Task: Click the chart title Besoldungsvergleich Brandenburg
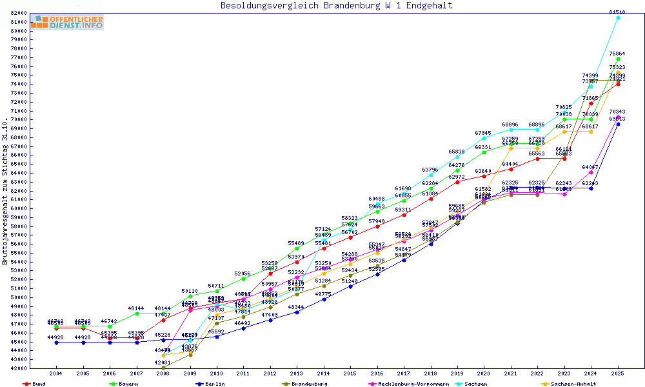coord(336,6)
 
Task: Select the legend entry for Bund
coord(39,384)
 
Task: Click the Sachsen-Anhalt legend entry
coord(570,384)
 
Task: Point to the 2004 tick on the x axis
coord(56,373)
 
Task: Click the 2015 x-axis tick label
coord(350,373)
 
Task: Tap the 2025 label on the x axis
coord(618,373)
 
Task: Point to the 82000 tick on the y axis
coord(19,13)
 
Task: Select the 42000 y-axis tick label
coord(19,368)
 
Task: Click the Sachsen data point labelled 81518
coord(618,17)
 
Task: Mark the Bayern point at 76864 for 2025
coord(618,59)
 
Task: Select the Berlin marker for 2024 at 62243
coord(591,188)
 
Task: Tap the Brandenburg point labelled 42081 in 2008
coord(163,368)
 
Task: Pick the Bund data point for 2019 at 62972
coord(457,182)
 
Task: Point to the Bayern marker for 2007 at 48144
coord(137,313)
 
